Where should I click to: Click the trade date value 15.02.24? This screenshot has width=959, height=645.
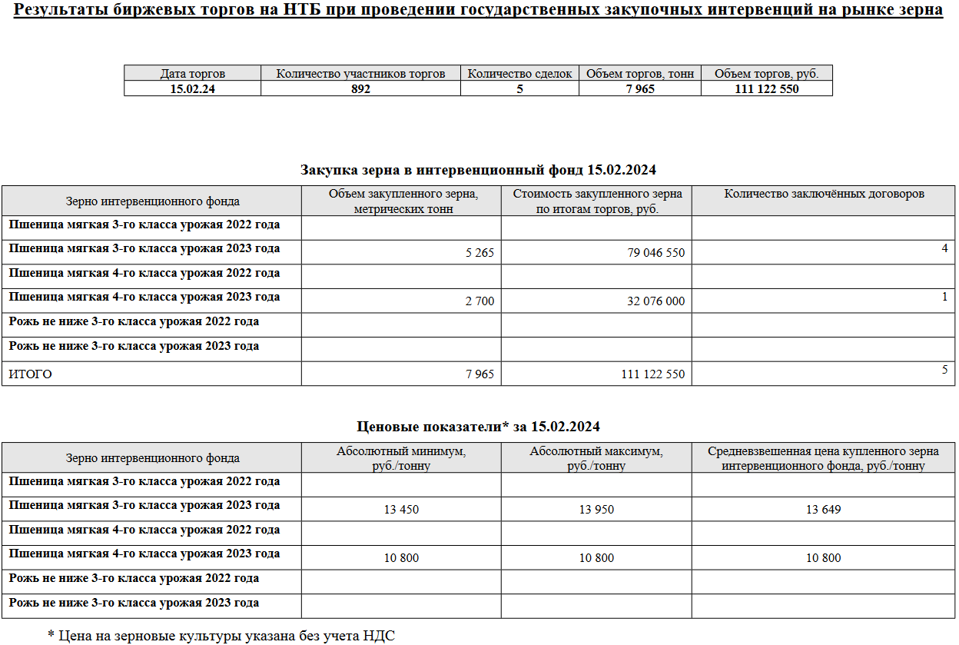tap(192, 89)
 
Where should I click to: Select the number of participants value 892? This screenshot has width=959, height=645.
tap(360, 89)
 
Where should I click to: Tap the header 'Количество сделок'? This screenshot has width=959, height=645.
tap(519, 74)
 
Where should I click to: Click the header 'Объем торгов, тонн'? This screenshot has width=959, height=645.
tap(640, 74)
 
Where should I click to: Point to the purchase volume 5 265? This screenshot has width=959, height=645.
tap(479, 253)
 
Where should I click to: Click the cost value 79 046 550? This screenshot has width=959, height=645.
tap(655, 253)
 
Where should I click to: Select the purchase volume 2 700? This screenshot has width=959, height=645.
tap(479, 301)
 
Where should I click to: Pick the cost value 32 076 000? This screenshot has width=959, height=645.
tap(655, 301)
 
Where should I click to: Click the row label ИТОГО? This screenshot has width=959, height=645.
tap(31, 374)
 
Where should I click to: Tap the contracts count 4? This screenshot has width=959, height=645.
tap(944, 248)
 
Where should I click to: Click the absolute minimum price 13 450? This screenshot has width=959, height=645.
tap(401, 510)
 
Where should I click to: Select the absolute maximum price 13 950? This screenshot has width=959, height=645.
tap(596, 510)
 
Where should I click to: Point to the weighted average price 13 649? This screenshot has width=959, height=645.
tap(823, 510)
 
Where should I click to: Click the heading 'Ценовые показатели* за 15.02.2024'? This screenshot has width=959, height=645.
tap(479, 426)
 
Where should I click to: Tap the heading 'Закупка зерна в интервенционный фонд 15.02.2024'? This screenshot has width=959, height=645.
tap(478, 170)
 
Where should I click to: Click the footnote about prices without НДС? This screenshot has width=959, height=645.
tap(221, 635)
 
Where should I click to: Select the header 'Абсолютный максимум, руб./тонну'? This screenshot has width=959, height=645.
tap(596, 458)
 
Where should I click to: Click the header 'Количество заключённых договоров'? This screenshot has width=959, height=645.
tap(824, 194)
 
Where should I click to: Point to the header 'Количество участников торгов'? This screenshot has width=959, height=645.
tap(360, 74)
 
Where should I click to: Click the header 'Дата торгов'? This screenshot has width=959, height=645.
tap(192, 74)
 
